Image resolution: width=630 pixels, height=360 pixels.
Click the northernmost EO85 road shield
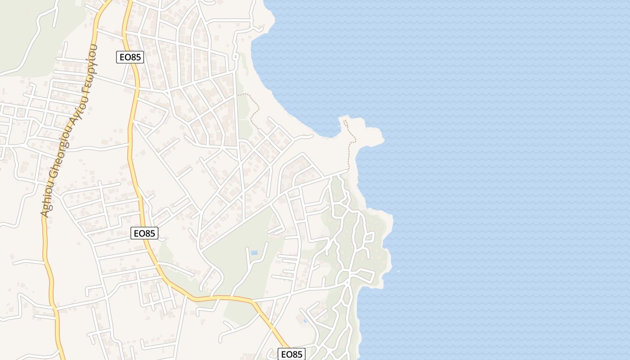130,57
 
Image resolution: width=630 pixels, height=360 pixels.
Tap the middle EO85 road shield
144,233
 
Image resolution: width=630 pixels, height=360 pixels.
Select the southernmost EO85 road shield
292,354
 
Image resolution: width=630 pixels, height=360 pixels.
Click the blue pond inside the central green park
254,253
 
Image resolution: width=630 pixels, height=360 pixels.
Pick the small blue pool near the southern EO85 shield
305,321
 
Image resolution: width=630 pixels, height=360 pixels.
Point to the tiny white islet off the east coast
398,271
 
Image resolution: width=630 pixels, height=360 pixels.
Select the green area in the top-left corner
27,36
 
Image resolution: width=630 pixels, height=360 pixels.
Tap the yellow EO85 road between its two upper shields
131,144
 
